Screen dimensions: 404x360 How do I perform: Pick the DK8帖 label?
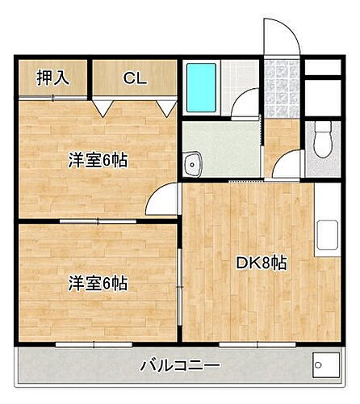pos(260,263)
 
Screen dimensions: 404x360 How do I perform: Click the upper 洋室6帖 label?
pos(97,160)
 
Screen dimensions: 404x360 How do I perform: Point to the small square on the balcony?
pos(324,365)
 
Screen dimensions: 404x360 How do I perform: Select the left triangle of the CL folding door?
pos(103,107)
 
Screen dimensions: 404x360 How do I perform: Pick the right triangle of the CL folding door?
pos(167,107)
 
